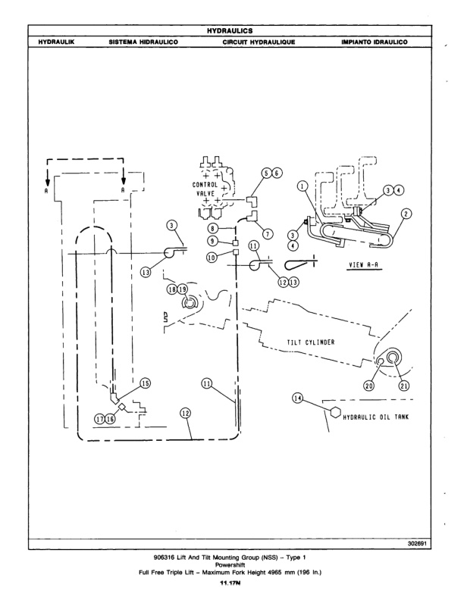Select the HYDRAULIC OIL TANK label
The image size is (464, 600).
[376, 416]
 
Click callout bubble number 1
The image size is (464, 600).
[302, 184]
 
